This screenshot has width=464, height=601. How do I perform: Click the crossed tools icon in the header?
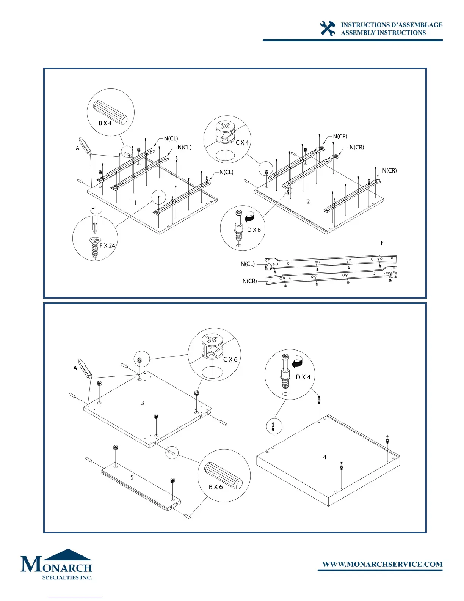328,29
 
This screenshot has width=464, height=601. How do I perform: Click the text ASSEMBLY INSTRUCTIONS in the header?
383,33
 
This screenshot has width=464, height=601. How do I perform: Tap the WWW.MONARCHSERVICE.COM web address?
382,564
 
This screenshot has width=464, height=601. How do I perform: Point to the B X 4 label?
105,123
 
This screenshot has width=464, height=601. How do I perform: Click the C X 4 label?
242,143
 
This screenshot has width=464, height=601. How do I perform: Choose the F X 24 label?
107,245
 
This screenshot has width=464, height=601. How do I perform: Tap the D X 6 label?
254,230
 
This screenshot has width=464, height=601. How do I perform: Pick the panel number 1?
135,203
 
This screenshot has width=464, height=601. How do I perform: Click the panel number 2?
308,201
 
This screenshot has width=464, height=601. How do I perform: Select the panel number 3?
142,403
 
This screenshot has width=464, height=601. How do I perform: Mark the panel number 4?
324,457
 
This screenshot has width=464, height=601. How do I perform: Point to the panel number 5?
132,477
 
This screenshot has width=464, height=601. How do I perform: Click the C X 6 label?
230,359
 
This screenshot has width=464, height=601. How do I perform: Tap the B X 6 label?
216,487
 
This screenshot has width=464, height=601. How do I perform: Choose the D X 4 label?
303,377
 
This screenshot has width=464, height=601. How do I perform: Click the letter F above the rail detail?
382,243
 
